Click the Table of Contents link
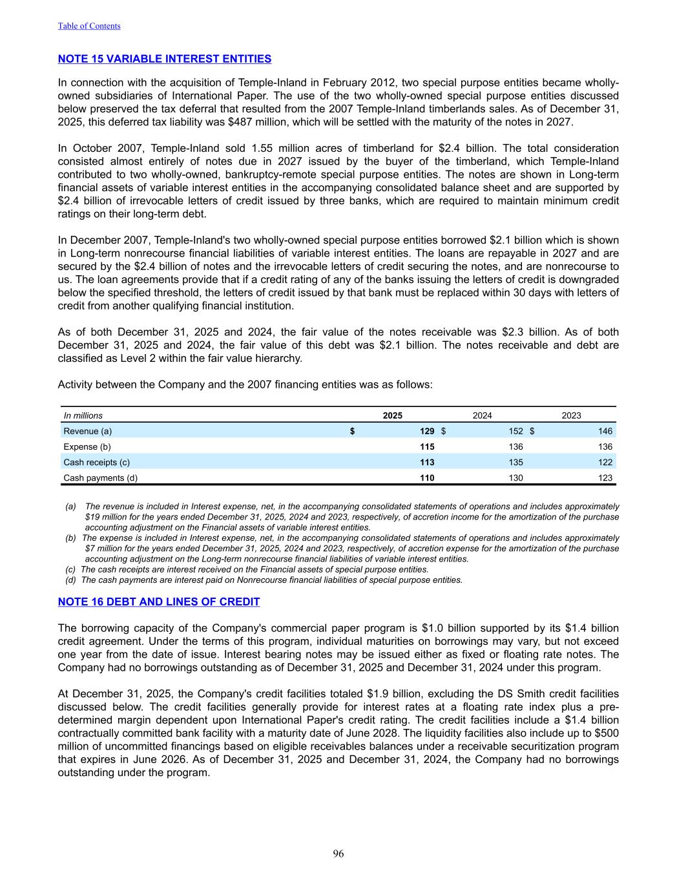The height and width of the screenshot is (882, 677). [89, 26]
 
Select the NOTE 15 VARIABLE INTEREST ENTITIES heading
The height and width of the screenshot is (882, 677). [165, 59]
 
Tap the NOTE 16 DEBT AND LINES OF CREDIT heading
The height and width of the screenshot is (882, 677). [159, 602]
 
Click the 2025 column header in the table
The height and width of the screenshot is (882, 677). [393, 415]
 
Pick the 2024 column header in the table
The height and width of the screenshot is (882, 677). [483, 415]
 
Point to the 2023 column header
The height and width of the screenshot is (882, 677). [571, 415]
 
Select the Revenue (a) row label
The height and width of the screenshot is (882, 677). [88, 431]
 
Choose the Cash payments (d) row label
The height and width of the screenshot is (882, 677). [100, 478]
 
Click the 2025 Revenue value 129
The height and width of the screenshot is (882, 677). [426, 431]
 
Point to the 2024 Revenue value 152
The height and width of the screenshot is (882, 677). [516, 431]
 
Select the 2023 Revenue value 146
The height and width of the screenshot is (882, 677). [605, 431]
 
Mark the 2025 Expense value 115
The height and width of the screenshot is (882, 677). [426, 446]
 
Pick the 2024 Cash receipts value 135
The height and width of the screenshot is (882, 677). [516, 462]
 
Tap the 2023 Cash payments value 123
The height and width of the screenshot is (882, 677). [605, 478]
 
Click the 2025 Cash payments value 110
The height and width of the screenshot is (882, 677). [426, 478]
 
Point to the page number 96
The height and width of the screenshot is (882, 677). [338, 854]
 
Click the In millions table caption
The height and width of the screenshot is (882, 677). [83, 415]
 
